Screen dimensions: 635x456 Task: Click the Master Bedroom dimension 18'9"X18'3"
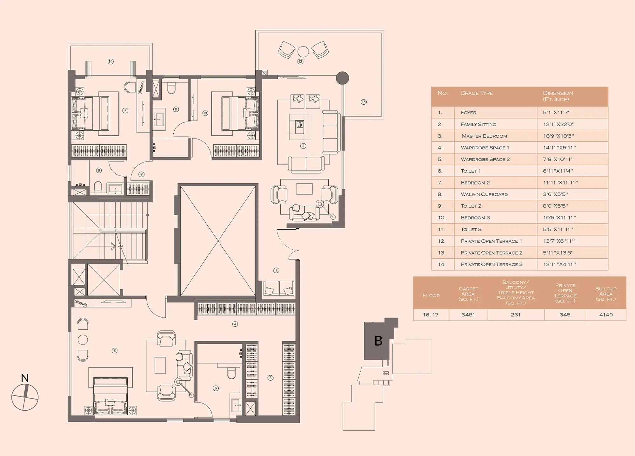point(559,136)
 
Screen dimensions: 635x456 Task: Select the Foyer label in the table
point(469,113)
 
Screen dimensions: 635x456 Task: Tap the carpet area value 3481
point(468,315)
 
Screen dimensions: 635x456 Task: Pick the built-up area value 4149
point(606,315)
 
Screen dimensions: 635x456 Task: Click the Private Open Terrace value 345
point(565,315)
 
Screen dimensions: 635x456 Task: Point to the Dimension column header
point(558,96)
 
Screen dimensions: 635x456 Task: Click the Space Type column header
point(477,93)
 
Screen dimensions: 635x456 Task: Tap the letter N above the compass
point(25,378)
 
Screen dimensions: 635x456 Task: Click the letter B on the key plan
point(378,341)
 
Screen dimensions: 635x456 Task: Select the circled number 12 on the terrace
point(300,62)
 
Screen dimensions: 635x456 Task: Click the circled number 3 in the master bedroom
point(115,350)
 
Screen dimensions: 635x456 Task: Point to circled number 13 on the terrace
point(364,102)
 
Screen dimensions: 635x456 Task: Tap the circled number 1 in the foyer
point(276,270)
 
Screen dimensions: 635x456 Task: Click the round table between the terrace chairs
point(303,51)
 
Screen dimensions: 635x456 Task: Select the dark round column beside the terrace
point(342,78)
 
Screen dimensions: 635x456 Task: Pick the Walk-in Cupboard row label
point(484,194)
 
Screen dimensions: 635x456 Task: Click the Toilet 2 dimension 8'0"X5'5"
point(555,206)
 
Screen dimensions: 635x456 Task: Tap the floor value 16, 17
point(431,315)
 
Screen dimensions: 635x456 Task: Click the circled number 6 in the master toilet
point(216,388)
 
